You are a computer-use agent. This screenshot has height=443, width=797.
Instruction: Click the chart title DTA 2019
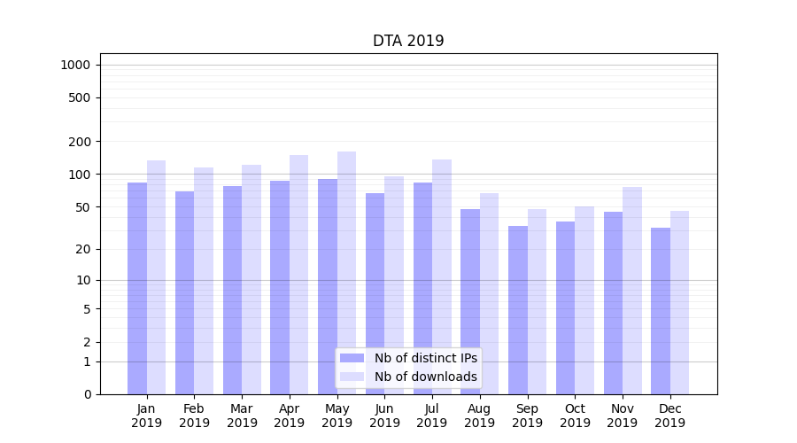point(408,41)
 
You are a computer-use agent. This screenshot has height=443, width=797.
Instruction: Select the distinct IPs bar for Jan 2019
point(137,288)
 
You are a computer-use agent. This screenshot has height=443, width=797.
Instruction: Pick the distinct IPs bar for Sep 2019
point(518,310)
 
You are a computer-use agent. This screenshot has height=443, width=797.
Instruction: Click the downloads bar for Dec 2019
point(679,302)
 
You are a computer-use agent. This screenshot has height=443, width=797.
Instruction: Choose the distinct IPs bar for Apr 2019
point(280,287)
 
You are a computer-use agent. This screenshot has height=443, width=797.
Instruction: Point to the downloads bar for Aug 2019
point(490,293)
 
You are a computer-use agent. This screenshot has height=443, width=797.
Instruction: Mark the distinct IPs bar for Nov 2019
point(613,303)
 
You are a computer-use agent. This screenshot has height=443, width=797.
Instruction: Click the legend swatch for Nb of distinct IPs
point(352,358)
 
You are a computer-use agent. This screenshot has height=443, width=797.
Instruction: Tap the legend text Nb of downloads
point(426,377)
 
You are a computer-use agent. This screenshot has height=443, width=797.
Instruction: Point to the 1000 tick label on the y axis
point(75,65)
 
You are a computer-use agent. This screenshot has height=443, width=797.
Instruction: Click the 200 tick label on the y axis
point(79,142)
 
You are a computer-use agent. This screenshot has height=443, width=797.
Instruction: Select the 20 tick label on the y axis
point(82,249)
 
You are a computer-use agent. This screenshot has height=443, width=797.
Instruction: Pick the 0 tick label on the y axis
point(87,394)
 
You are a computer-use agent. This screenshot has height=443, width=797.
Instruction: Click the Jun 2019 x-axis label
point(384,416)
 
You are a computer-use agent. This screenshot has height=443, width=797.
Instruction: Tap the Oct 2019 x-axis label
point(575,416)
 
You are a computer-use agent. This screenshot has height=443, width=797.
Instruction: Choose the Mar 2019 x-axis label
point(242,416)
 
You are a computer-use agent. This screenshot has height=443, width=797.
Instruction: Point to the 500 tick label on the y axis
point(79,97)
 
